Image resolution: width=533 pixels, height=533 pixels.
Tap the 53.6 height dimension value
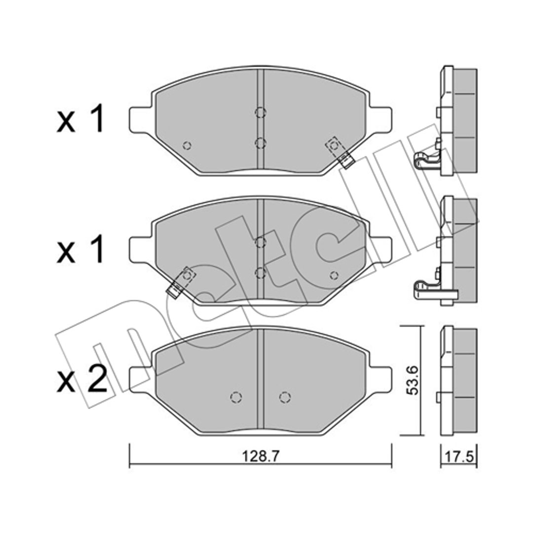point(413,381)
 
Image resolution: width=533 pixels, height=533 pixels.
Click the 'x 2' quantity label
point(82,380)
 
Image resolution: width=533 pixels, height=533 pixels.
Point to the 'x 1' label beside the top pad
point(80,118)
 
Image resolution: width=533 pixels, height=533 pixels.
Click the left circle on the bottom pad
point(236,397)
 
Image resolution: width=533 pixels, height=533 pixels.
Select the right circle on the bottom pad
point(285,397)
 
